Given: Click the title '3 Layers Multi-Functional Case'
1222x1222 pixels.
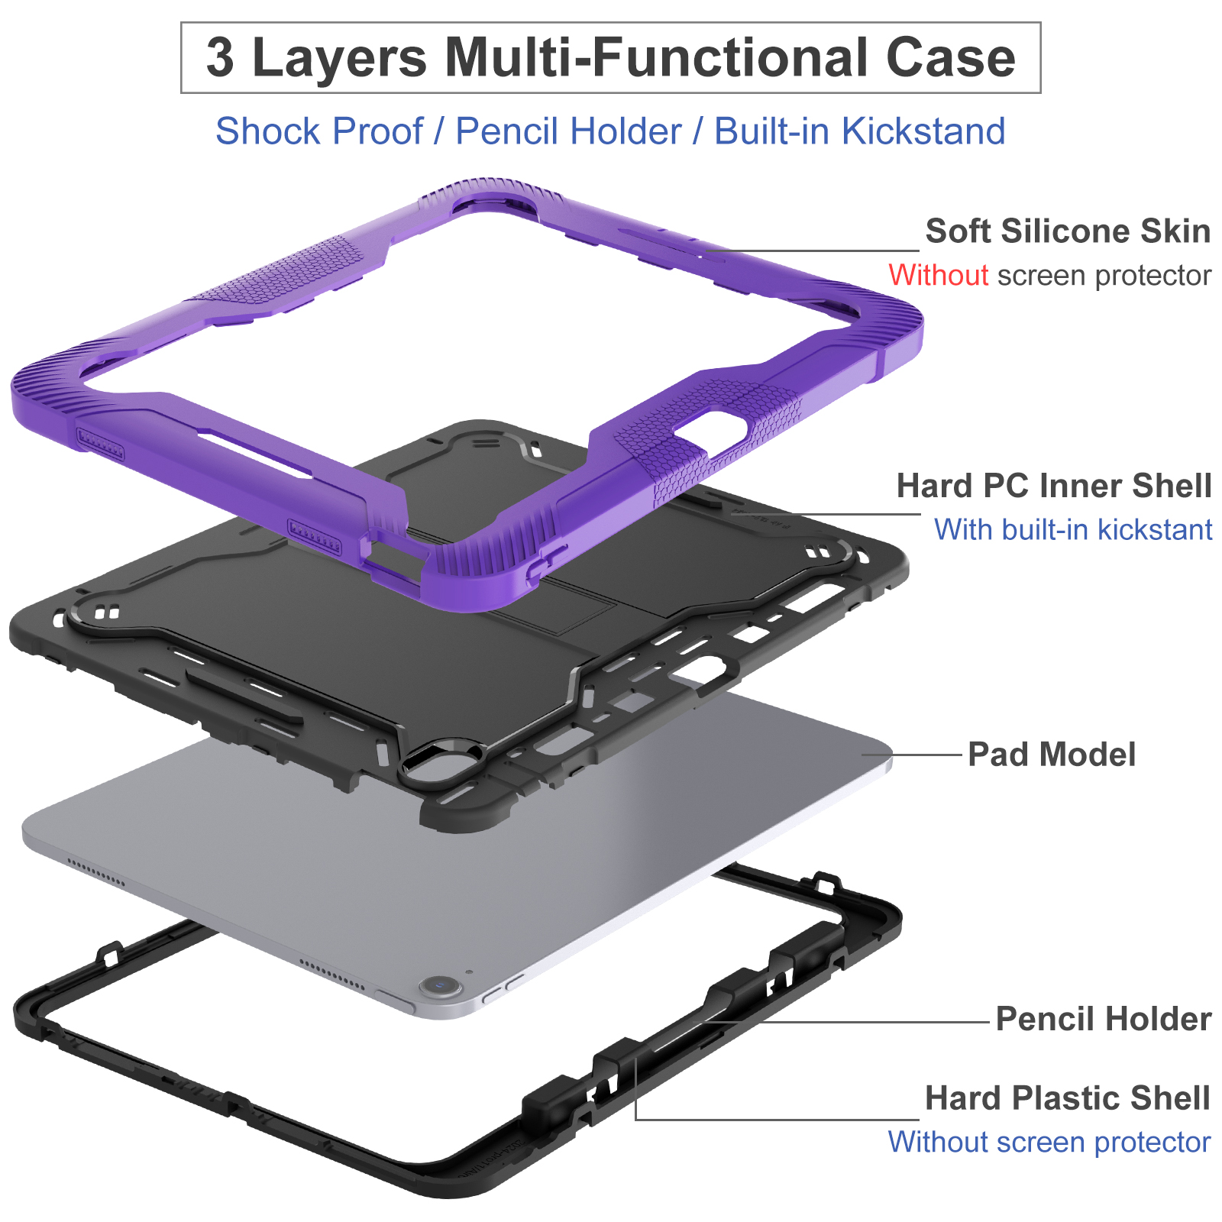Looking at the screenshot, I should [611, 58].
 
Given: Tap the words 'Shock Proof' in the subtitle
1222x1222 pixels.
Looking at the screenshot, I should [318, 131].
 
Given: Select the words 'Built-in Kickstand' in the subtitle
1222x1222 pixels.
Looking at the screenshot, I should [859, 131].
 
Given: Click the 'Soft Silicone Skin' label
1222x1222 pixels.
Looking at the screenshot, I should [1067, 231].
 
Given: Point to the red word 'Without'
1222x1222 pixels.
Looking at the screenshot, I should [938, 275].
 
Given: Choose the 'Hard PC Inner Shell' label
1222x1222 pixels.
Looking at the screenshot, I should [1054, 486].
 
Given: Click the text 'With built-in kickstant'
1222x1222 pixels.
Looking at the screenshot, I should [1073, 529].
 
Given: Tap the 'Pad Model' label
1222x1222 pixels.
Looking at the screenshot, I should [1052, 755].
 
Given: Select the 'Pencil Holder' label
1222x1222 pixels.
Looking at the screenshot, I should [1103, 1019].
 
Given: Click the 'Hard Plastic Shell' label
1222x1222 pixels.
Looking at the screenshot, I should [1067, 1098].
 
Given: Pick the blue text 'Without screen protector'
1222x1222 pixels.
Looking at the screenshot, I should [1049, 1142].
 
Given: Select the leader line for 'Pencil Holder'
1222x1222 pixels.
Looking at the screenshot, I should [855, 1021].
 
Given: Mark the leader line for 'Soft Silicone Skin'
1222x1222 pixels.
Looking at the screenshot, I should [817, 250].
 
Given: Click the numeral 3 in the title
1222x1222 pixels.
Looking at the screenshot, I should [220, 58].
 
